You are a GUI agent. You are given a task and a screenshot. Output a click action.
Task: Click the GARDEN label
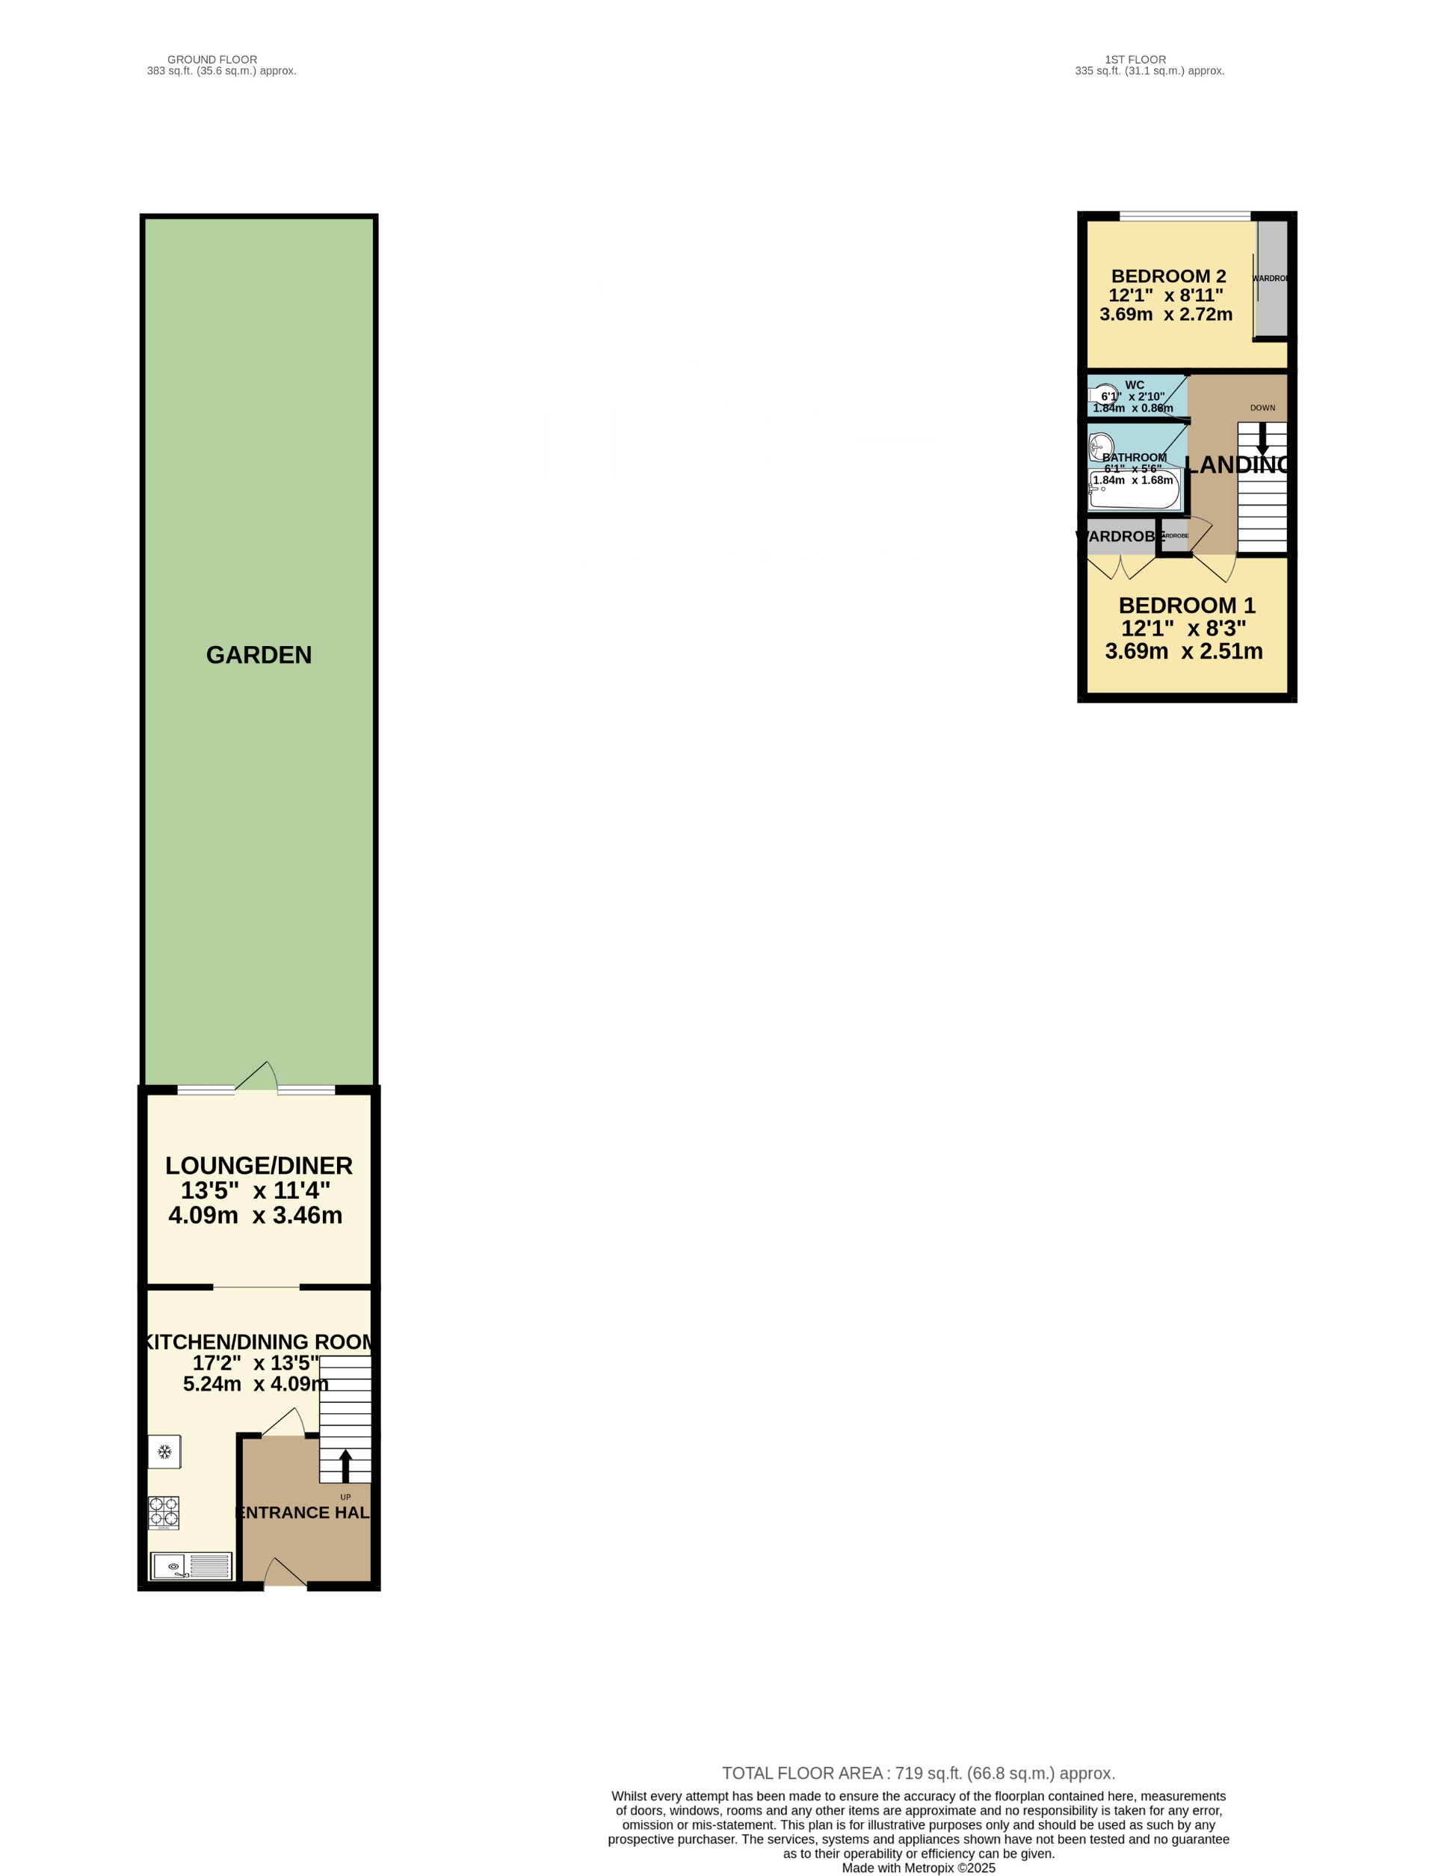259,655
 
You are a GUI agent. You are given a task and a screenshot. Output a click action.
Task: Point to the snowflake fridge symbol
165,1451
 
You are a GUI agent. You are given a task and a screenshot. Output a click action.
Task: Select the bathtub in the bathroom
1135,490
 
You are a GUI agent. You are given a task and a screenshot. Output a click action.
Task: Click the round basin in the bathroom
1101,447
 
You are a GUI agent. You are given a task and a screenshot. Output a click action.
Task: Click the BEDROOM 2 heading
1167,276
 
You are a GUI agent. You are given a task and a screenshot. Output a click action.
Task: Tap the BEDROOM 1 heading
1186,606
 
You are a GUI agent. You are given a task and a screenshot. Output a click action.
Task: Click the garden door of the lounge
256,1078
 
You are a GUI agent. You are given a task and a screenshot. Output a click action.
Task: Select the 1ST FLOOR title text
1135,60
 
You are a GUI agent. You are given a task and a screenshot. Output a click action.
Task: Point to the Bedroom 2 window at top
1185,215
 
